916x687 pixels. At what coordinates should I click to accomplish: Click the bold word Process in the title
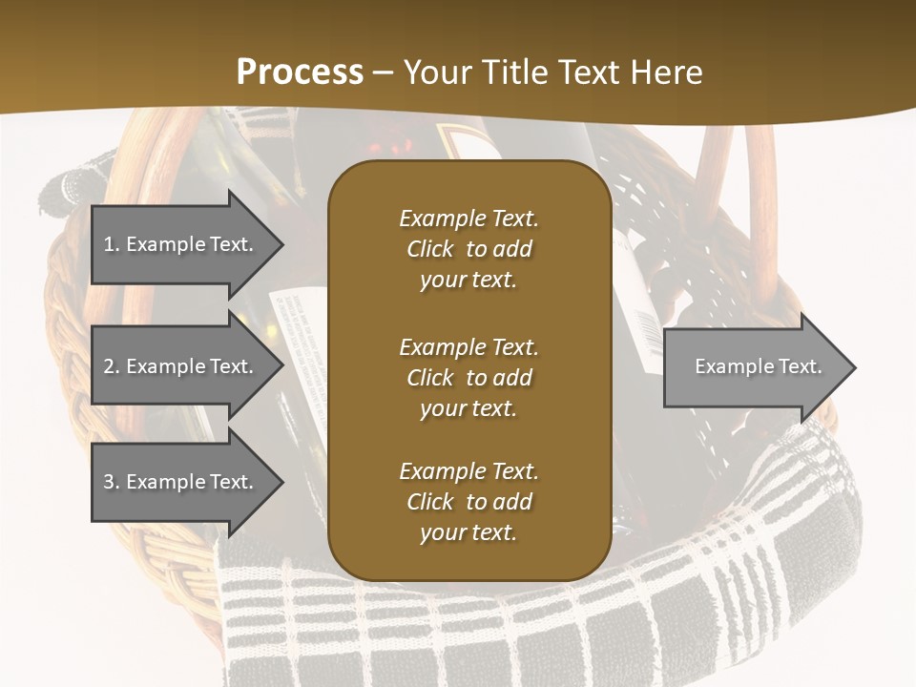300,72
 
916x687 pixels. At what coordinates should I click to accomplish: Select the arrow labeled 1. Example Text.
181,244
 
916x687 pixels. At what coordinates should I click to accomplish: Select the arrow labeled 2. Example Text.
181,366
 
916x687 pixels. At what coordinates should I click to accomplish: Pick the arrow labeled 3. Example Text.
181,482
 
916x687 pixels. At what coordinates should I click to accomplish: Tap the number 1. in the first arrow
112,244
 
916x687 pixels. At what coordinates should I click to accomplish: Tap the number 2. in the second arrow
112,366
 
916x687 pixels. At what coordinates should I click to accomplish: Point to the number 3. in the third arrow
112,482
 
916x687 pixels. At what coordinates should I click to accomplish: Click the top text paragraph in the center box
468,249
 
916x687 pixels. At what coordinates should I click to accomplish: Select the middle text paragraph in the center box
468,378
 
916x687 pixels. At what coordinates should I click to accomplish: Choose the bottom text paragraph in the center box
468,502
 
